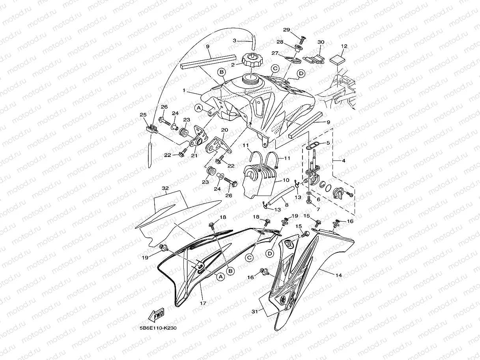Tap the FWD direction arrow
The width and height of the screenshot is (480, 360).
click(157, 315)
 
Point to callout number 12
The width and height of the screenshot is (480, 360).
click(344, 46)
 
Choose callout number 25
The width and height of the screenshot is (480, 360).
click(143, 115)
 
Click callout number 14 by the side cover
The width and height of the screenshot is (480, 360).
click(338, 275)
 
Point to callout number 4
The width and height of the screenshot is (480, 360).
click(344, 160)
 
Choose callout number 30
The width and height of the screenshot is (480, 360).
click(321, 42)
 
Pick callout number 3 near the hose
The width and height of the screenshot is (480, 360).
click(234, 40)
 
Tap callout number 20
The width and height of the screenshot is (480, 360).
click(224, 130)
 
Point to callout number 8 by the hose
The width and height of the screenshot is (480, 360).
click(286, 205)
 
